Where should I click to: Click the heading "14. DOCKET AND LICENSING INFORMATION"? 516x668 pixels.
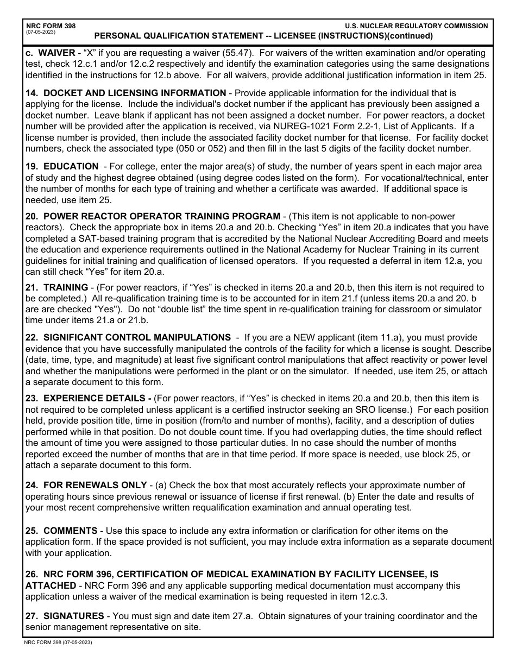click(126, 93)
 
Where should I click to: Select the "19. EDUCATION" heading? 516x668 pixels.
click(62, 166)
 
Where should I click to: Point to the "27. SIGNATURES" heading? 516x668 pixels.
click(65, 616)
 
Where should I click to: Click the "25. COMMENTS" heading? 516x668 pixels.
click(61, 531)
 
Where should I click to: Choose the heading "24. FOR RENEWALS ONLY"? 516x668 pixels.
click(86, 485)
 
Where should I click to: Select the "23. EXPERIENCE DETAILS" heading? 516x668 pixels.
click(89, 398)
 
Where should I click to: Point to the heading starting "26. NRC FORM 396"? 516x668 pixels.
click(232, 574)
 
